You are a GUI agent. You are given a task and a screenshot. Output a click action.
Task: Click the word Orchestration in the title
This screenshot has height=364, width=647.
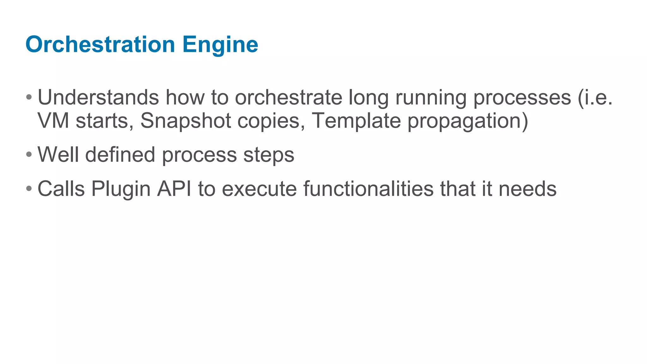pos(100,44)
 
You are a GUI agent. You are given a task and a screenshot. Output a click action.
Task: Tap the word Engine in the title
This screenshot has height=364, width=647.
pos(220,45)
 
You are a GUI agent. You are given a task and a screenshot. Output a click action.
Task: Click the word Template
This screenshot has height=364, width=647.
pos(356,121)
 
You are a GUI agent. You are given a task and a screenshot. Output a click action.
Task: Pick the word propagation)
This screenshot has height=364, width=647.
pos(468,121)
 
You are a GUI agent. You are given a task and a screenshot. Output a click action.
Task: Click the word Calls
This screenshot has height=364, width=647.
pos(61,189)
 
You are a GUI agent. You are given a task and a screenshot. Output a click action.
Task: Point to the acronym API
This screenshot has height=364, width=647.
pos(174,189)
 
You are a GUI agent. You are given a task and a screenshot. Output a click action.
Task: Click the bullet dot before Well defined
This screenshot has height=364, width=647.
pos(29,155)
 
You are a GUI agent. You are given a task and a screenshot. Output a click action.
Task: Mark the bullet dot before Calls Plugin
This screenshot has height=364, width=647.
pos(29,189)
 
